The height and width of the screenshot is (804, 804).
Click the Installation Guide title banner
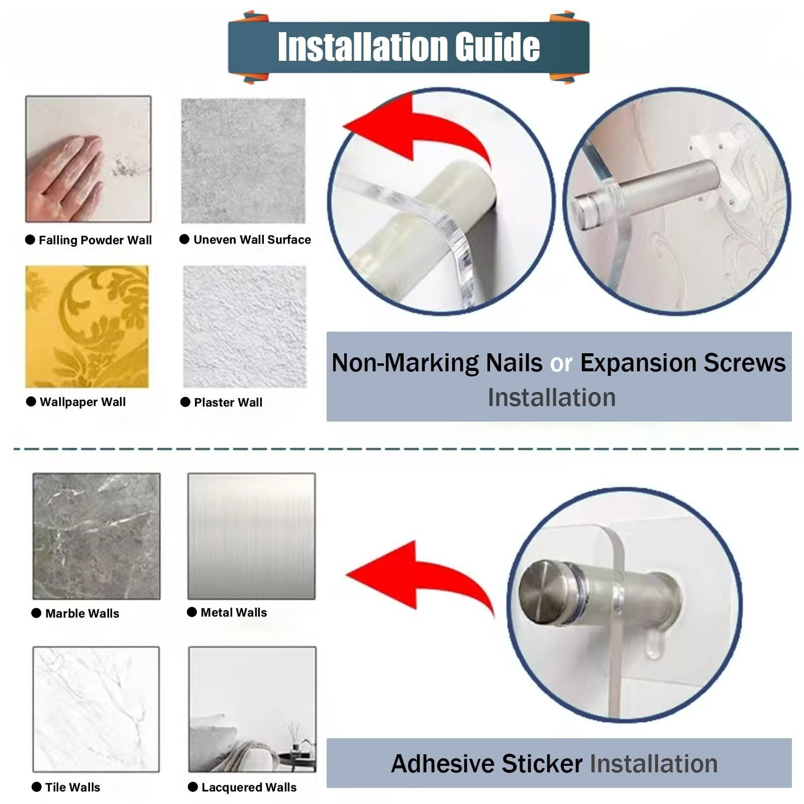409,47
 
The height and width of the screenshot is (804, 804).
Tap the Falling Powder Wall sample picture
88,159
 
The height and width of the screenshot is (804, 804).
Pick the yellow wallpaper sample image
87,327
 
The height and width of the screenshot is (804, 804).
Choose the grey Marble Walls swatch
96,536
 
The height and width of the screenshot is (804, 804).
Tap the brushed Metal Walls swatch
252,536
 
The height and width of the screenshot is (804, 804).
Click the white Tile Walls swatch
96,709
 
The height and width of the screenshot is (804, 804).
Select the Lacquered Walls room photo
252,709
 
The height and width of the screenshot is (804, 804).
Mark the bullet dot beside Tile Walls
37,787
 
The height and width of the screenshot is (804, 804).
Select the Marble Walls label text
82,614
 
